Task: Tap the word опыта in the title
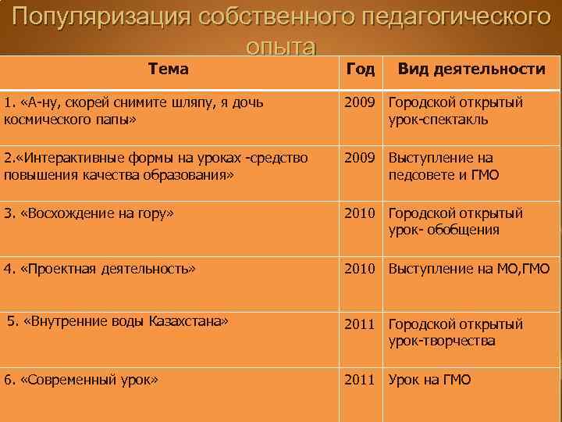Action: [280, 47]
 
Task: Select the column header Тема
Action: [168, 69]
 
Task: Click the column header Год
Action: [360, 69]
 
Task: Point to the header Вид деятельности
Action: [471, 69]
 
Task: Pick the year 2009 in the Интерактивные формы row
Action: [360, 159]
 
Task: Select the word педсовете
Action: [421, 175]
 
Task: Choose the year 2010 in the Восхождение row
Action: [360, 213]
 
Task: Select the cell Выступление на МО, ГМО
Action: [468, 269]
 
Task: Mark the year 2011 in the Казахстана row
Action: [360, 324]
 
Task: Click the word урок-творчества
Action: [442, 341]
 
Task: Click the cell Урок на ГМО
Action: [429, 380]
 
